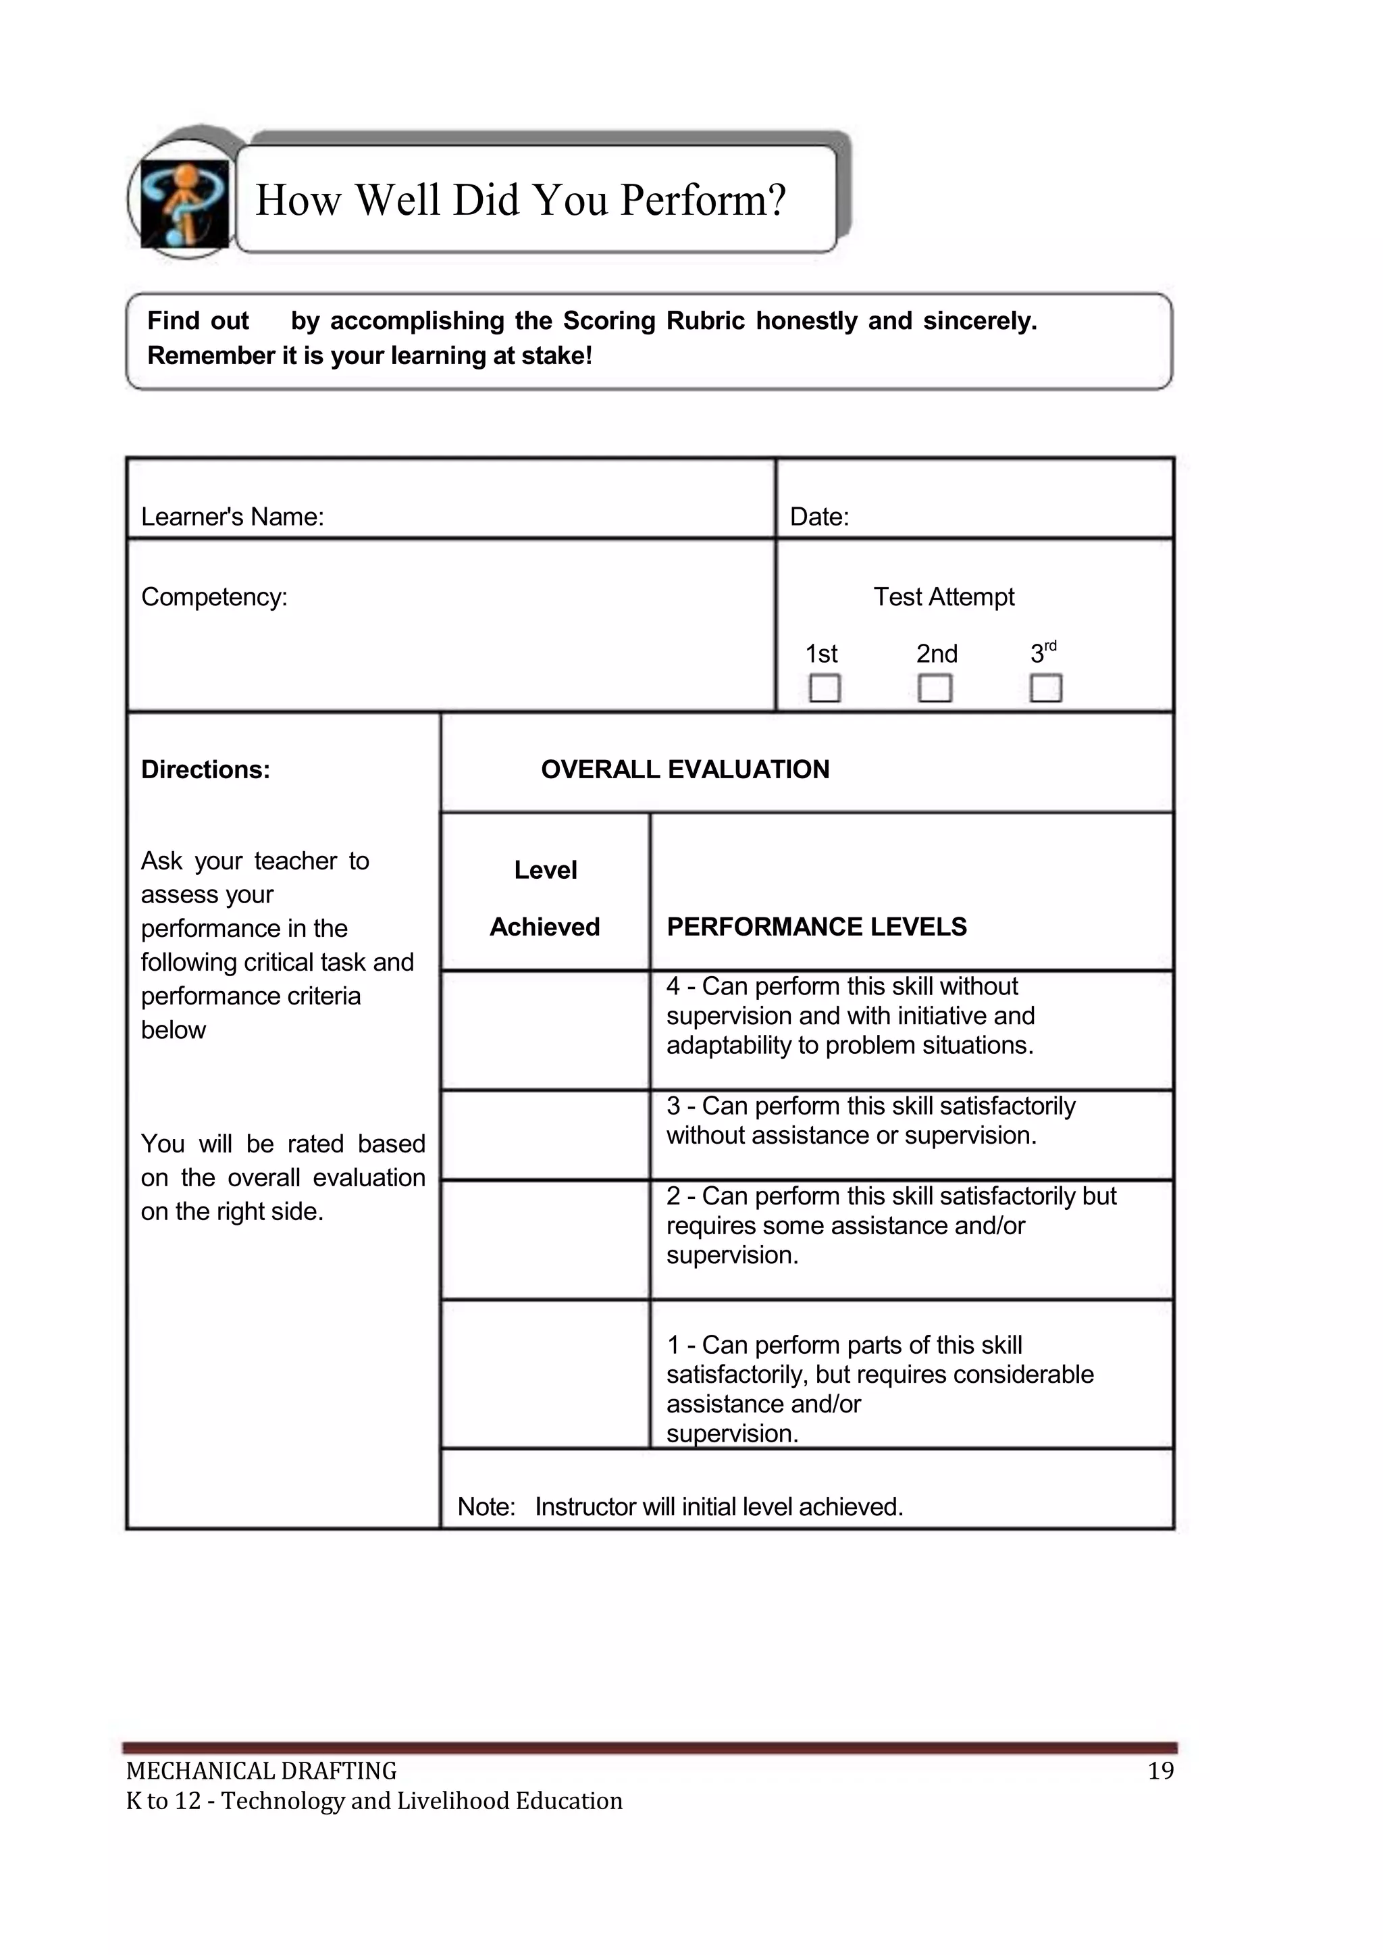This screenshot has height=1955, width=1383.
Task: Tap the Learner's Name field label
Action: click(232, 517)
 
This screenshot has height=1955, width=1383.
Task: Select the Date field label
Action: click(819, 517)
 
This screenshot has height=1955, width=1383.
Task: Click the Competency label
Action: click(214, 597)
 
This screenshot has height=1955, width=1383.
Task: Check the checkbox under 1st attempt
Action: click(825, 688)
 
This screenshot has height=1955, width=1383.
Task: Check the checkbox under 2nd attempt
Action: click(935, 688)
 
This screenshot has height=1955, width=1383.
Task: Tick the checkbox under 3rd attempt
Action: click(1046, 688)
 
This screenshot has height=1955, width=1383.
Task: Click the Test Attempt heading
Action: click(943, 597)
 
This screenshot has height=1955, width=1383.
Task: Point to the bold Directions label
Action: click(205, 770)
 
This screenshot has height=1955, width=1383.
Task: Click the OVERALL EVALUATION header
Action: click(685, 770)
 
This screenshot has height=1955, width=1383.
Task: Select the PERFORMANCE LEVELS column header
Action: click(816, 927)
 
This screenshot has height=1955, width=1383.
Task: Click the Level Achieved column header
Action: click(545, 898)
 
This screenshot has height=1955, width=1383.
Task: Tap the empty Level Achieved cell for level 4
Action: click(545, 1030)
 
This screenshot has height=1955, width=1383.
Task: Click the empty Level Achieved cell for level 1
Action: click(545, 1374)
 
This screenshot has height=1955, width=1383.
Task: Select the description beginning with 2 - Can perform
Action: click(890, 1225)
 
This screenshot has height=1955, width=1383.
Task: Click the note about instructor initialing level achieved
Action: click(679, 1507)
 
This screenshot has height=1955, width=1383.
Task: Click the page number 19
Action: click(1160, 1771)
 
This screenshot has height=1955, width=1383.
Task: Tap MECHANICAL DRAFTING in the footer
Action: click(261, 1772)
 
